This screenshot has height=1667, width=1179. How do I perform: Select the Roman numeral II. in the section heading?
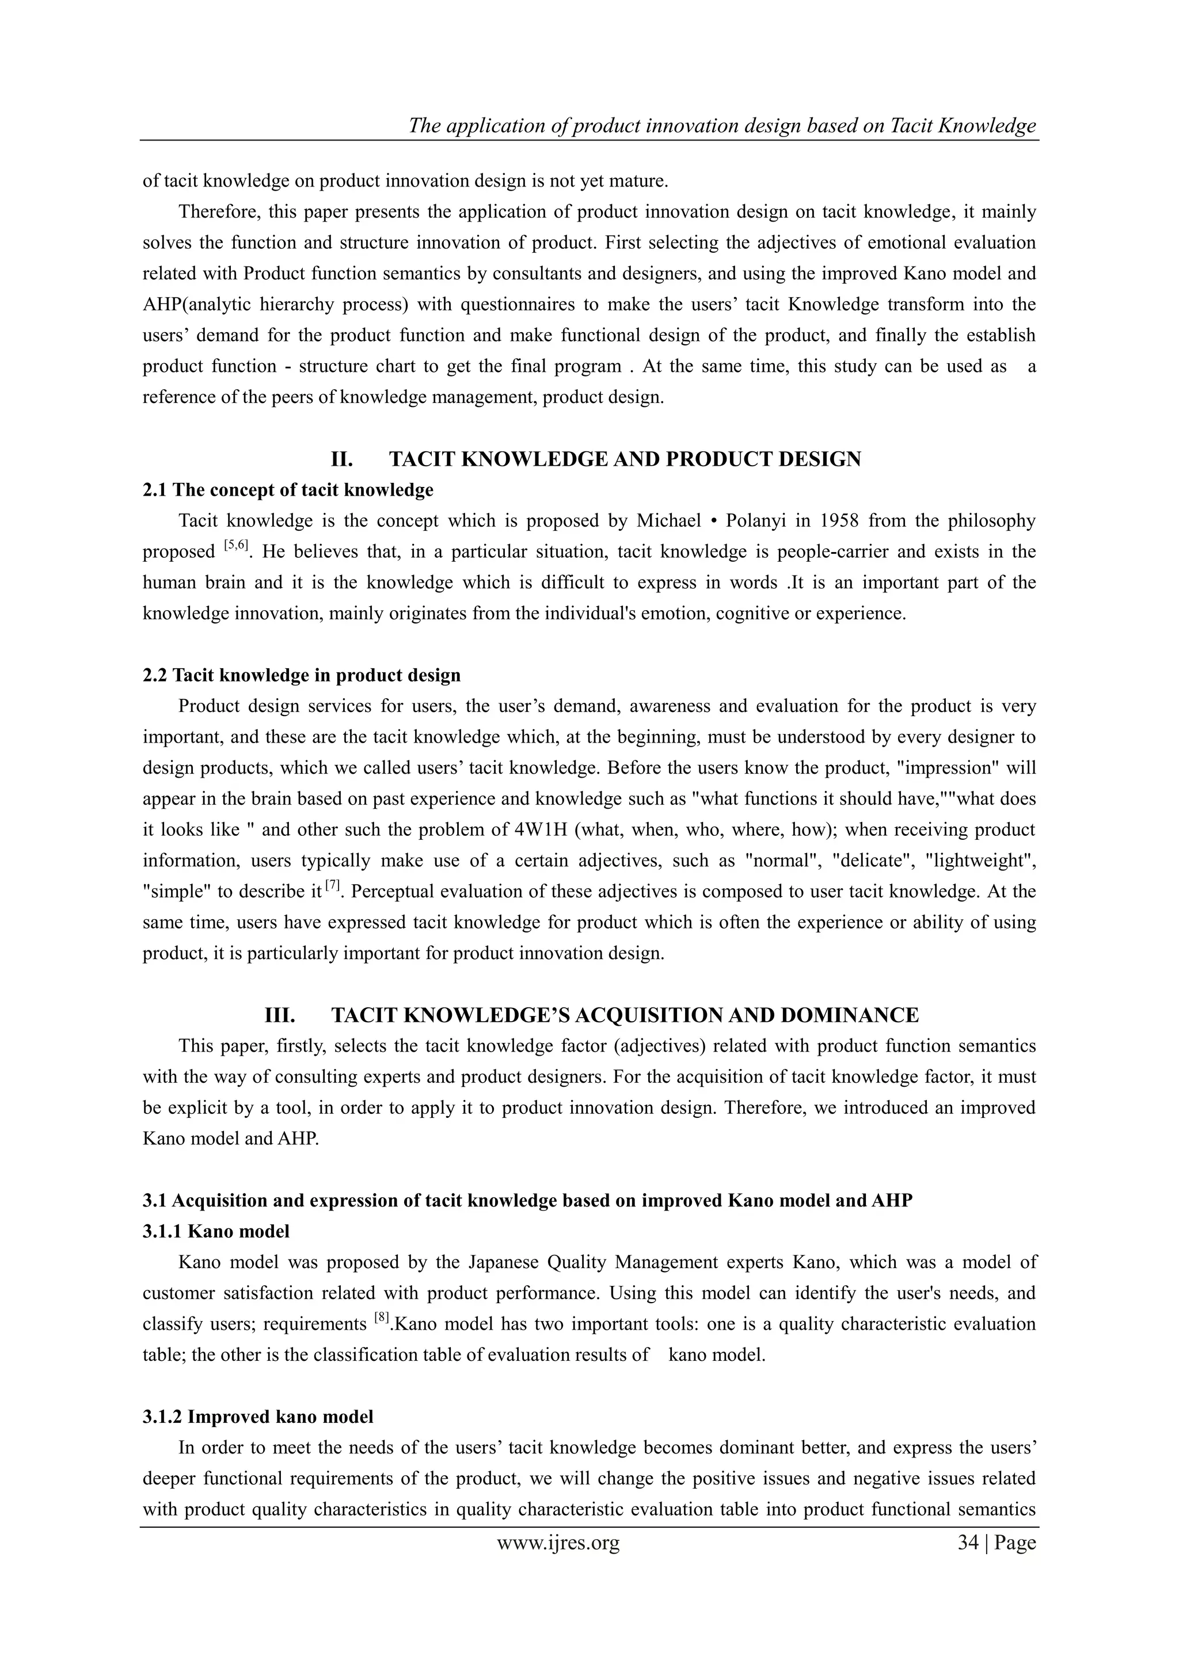tap(342, 459)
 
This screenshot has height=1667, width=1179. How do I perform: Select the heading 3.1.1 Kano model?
tap(216, 1231)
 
